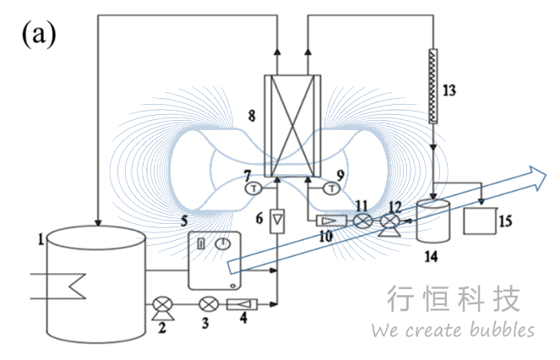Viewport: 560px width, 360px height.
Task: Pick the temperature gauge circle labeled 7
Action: click(251, 189)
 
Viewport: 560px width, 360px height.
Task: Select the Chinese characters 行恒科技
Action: click(453, 298)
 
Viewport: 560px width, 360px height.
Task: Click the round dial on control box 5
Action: click(222, 243)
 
